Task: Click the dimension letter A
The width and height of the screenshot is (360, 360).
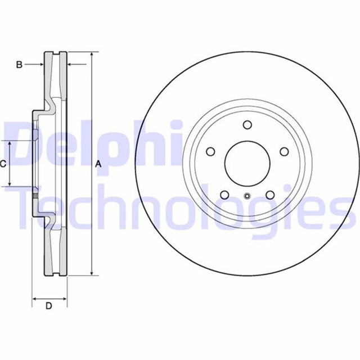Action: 98,164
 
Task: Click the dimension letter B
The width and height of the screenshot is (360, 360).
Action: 19,65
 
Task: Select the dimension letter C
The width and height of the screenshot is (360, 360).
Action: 2,164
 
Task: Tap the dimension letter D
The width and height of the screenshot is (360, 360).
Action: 49,306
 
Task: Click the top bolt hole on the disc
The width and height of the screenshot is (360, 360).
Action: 247,125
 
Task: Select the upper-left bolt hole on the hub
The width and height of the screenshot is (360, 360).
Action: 210,151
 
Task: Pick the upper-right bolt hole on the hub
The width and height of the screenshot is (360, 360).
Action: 284,151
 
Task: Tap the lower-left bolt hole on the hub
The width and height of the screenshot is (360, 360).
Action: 224,195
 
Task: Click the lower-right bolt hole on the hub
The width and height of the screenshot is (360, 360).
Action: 270,195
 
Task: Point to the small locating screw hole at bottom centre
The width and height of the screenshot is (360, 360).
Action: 247,196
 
